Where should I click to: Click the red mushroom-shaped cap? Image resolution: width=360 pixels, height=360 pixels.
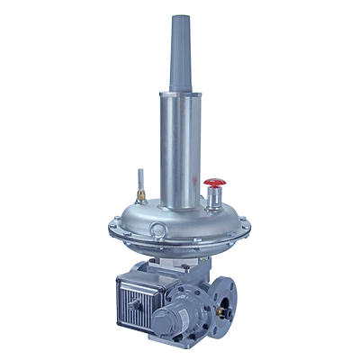pos(213,183)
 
